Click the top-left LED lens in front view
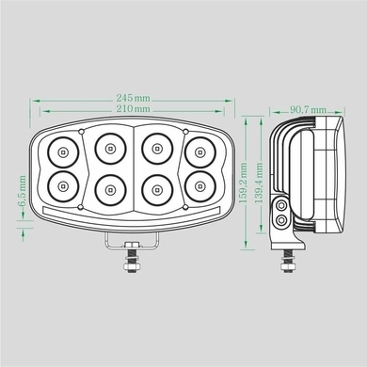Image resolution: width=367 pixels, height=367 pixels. click(62, 150)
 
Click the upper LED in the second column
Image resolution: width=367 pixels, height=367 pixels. click(110, 147)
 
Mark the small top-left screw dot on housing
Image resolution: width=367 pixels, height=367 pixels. click(84, 130)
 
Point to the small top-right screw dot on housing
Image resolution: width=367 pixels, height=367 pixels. click(185, 130)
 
